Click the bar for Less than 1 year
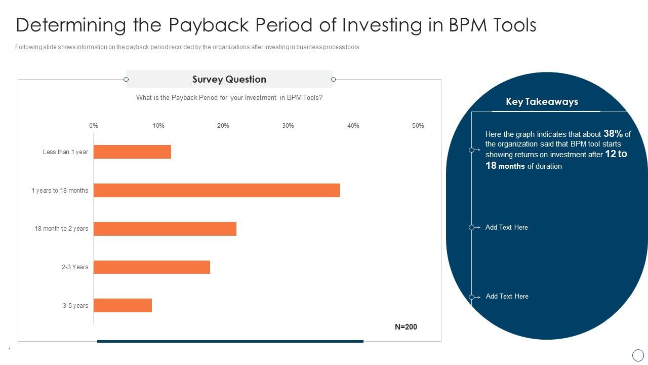(x=132, y=152)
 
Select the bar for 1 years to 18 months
(x=217, y=191)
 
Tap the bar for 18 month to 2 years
(x=165, y=229)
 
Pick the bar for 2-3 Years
(x=152, y=267)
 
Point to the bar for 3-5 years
(x=123, y=305)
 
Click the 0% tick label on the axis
(x=94, y=126)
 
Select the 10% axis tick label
(x=158, y=126)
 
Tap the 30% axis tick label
(x=288, y=126)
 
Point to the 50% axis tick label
(x=418, y=126)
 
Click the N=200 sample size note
(x=406, y=327)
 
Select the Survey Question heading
(x=229, y=80)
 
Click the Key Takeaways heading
(x=542, y=102)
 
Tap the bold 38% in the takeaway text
(x=613, y=134)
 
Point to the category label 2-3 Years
(x=75, y=267)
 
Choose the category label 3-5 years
(x=75, y=306)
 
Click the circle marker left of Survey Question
(x=126, y=80)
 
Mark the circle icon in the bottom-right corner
(x=638, y=355)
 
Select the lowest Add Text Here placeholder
(x=507, y=297)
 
